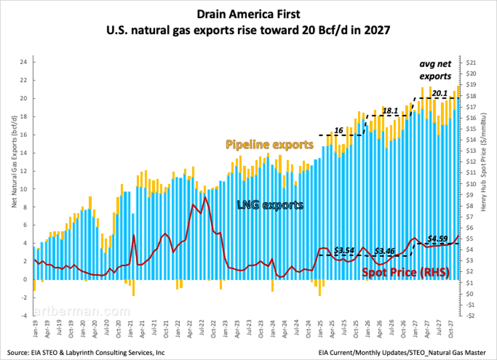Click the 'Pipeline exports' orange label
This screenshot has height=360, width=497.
pyautogui.click(x=269, y=145)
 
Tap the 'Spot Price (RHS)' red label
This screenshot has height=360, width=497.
pyautogui.click(x=406, y=272)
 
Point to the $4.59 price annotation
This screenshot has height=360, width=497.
pyautogui.click(x=437, y=239)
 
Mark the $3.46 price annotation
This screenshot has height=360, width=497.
pyautogui.click(x=385, y=251)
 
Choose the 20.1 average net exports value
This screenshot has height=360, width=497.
pyautogui.click(x=439, y=94)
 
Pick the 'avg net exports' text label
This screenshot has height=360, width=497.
pyautogui.click(x=434, y=70)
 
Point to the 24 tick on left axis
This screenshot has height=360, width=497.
pyautogui.click(x=24, y=62)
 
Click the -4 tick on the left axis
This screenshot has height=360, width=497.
pyautogui.click(x=24, y=316)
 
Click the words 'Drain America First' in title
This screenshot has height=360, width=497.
pyautogui.click(x=248, y=14)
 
